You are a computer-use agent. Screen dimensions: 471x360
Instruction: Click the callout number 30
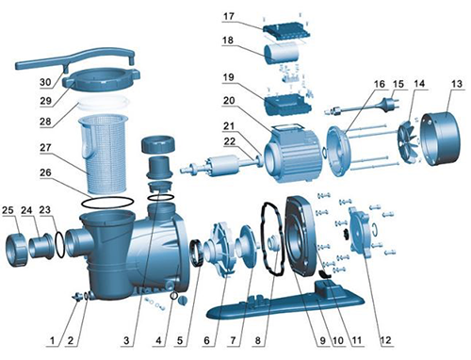point(45,82)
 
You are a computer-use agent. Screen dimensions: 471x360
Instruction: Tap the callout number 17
point(229,16)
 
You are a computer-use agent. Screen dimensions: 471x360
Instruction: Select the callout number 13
point(457,84)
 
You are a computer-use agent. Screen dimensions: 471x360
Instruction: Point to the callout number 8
point(258,340)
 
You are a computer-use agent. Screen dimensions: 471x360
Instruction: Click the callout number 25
point(8,210)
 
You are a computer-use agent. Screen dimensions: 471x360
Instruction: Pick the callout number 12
point(386,340)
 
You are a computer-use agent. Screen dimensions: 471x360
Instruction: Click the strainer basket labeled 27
point(104,154)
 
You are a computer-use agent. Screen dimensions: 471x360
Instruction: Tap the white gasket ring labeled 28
point(104,103)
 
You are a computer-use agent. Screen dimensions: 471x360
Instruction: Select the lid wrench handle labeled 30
point(75,58)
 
